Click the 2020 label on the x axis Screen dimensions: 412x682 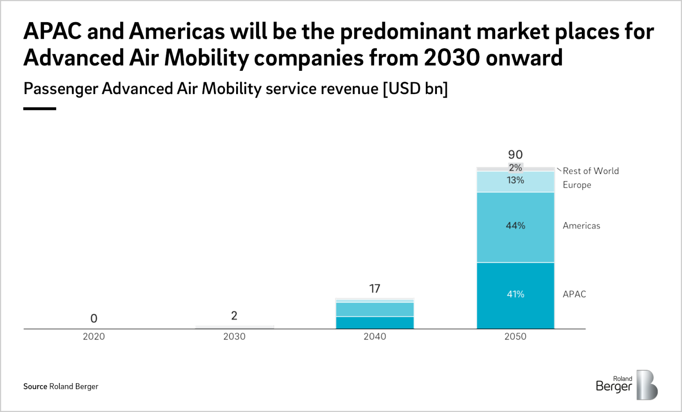94,337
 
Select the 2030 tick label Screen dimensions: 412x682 234,337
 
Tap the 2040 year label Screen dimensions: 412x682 375,337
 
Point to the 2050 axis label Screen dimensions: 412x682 515,337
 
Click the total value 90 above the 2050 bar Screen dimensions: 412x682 515,155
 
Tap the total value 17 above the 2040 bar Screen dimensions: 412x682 375,289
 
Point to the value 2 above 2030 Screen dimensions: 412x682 234,316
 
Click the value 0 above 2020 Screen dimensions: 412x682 94,319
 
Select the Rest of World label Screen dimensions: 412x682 590,171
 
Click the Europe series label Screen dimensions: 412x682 577,185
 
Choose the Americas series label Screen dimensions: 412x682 581,226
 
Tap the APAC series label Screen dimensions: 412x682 574,294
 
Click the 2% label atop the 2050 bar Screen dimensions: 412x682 515,168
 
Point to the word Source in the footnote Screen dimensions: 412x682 35,386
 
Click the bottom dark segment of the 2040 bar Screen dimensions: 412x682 375,323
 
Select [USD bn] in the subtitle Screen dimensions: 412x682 415,89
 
